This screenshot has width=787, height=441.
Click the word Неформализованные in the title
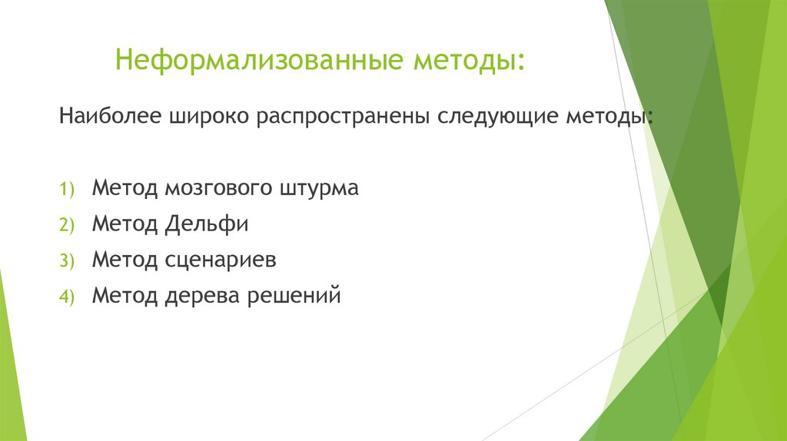pyautogui.click(x=261, y=59)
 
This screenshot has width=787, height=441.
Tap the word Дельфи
pyautogui.click(x=206, y=224)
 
